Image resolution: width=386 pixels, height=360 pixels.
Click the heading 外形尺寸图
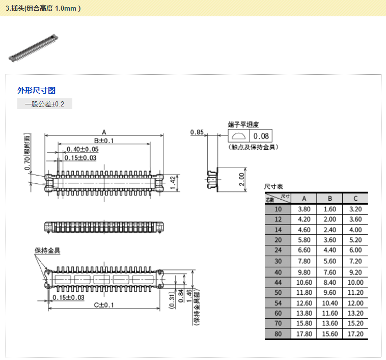click(36, 91)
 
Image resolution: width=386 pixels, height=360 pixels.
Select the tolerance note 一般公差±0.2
click(45, 104)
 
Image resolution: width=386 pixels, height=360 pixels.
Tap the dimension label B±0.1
click(103, 141)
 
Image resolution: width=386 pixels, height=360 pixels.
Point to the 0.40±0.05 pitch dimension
click(82, 149)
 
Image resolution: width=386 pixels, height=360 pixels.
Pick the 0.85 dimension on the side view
click(197, 132)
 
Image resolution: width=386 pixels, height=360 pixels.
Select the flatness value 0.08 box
click(261, 136)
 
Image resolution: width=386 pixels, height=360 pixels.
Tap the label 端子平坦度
click(243, 124)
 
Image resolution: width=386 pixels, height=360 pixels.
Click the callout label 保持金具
click(47, 250)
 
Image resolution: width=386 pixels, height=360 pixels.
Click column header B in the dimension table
click(329, 199)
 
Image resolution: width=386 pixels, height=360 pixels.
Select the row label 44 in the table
click(278, 282)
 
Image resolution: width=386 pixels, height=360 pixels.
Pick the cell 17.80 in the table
click(304, 334)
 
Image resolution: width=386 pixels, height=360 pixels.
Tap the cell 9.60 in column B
click(329, 293)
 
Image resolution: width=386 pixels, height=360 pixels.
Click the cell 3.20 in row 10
click(355, 209)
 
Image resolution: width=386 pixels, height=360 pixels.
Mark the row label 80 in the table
click(278, 334)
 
